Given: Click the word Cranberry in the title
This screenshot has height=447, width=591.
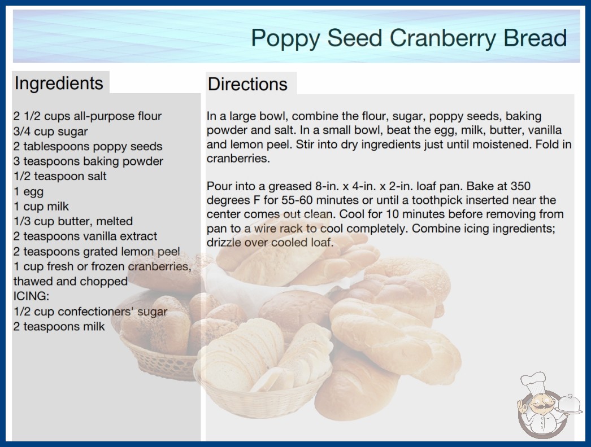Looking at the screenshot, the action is pyautogui.click(x=443, y=38).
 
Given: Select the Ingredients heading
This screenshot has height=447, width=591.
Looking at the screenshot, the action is pyautogui.click(x=59, y=84).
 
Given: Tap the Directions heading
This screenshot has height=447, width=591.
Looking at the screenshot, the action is pyautogui.click(x=247, y=84).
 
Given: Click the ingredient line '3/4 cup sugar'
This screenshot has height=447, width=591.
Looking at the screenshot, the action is pyautogui.click(x=50, y=132).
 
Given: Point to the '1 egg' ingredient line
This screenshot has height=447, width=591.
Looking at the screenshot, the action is pyautogui.click(x=29, y=192).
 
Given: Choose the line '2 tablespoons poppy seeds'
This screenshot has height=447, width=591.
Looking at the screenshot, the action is pyautogui.click(x=88, y=146).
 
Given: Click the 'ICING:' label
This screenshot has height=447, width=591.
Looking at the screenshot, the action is pyautogui.click(x=31, y=296).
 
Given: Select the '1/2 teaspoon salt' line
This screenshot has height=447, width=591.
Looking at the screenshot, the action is pyautogui.click(x=60, y=176).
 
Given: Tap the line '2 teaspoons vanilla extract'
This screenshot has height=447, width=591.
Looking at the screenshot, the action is pyautogui.click(x=85, y=236).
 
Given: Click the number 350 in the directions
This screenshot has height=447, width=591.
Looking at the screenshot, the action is pyautogui.click(x=520, y=186).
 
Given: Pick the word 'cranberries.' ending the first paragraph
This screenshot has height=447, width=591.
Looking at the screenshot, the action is pyautogui.click(x=238, y=159).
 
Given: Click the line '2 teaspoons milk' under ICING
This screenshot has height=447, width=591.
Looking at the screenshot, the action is pyautogui.click(x=59, y=326).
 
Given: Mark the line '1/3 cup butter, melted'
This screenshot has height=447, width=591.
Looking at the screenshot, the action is pyautogui.click(x=73, y=221).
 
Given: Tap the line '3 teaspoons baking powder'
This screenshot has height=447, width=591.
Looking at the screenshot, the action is pyautogui.click(x=88, y=161).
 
